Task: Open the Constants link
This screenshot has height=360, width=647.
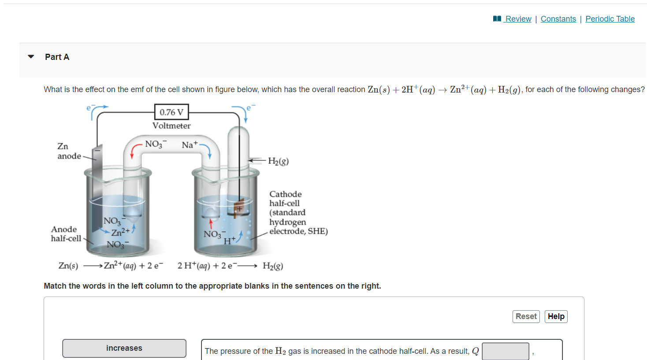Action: (x=558, y=19)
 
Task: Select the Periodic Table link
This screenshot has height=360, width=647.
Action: (x=610, y=19)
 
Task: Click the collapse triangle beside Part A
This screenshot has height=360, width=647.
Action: (x=31, y=57)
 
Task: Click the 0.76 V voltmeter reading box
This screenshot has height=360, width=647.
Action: (x=171, y=112)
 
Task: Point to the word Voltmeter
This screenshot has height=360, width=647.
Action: (x=171, y=126)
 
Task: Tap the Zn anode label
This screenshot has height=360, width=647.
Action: (x=69, y=151)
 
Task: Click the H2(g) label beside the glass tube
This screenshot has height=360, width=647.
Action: (x=278, y=161)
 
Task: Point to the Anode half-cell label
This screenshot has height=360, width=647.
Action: (x=66, y=234)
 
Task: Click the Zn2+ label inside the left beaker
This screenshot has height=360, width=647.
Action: (x=120, y=232)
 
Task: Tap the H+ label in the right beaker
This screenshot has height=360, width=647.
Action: (x=229, y=241)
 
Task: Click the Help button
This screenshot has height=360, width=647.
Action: (x=556, y=316)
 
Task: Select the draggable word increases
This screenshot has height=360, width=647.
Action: (x=124, y=348)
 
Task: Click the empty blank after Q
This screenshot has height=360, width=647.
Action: (x=505, y=351)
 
